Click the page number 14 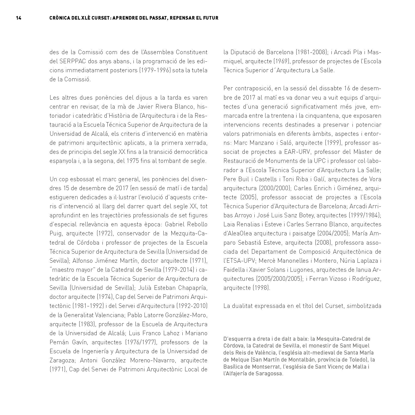[19, 18]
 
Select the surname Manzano [259, 143]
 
